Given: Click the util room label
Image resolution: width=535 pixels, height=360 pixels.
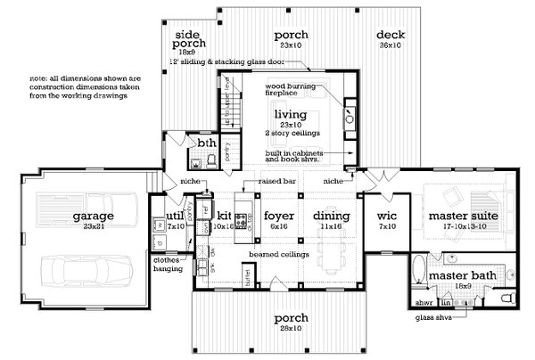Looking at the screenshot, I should pos(174,217).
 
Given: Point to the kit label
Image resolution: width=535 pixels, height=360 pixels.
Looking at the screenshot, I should pos(224,216).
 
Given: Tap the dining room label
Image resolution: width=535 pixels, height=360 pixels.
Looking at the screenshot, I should pos(331,216).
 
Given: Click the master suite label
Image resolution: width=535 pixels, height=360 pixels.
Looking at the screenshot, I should pos(461,216).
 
